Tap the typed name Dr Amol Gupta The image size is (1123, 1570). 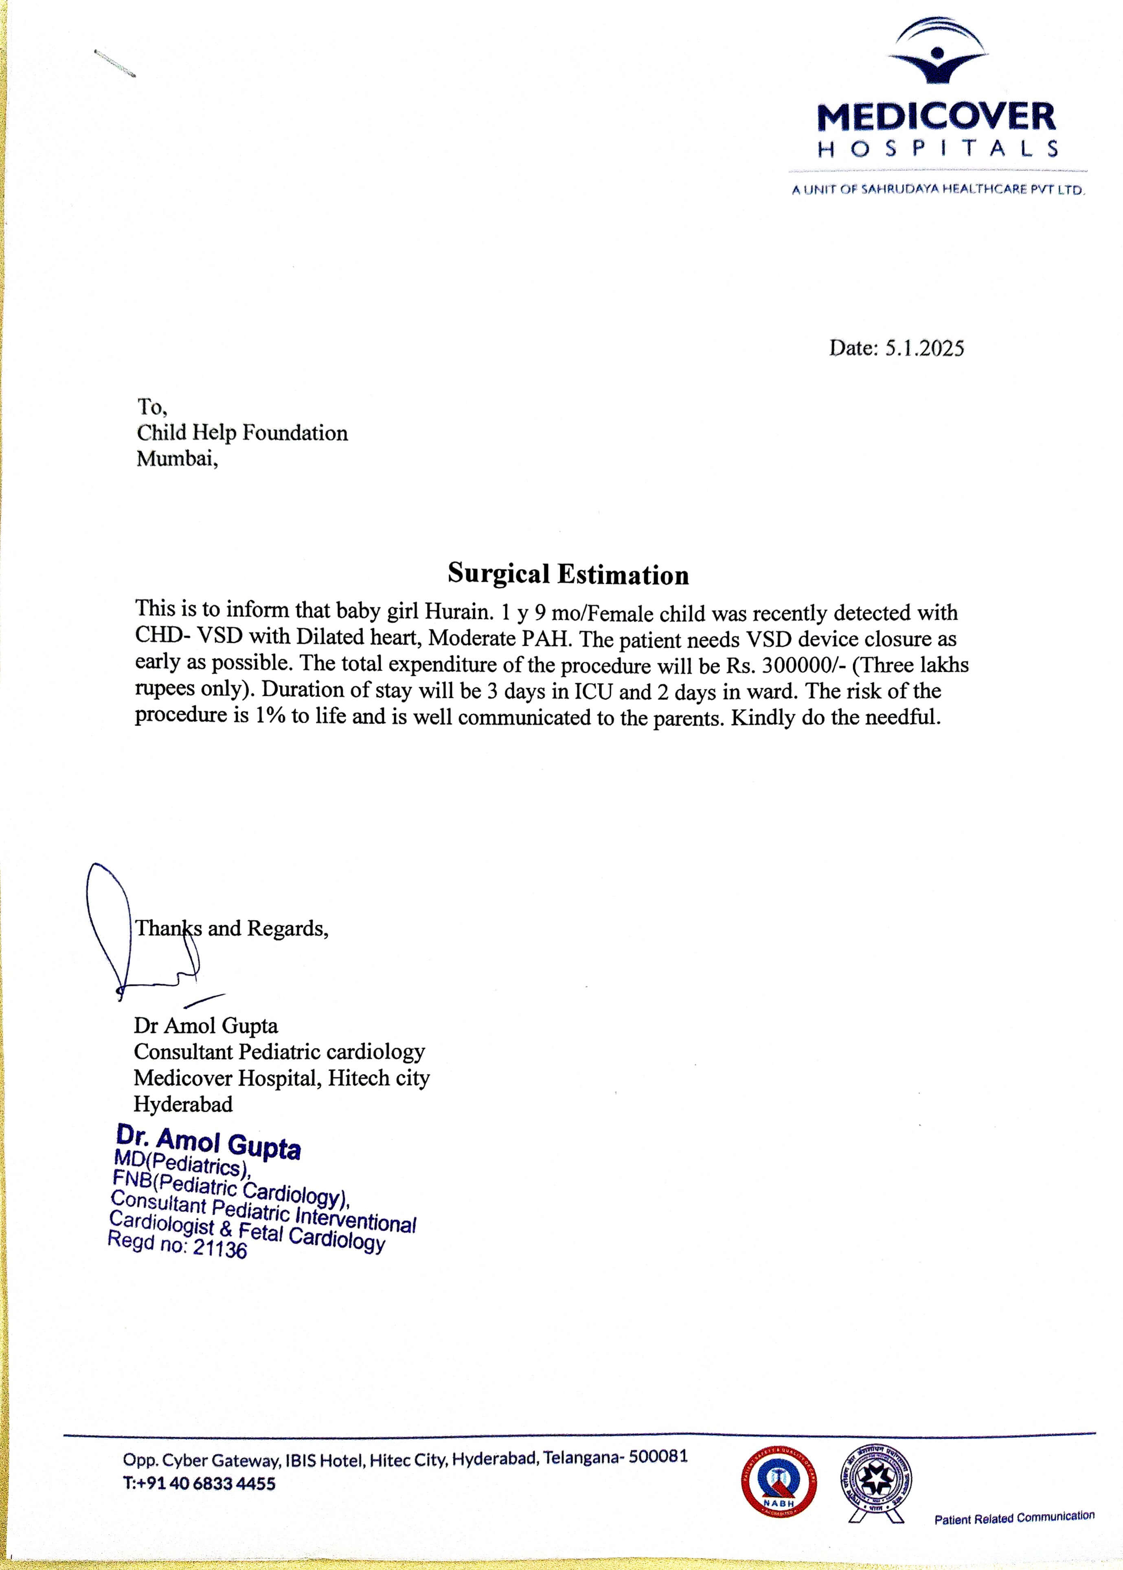pyautogui.click(x=206, y=1025)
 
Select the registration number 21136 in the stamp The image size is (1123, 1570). pyautogui.click(x=220, y=1248)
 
